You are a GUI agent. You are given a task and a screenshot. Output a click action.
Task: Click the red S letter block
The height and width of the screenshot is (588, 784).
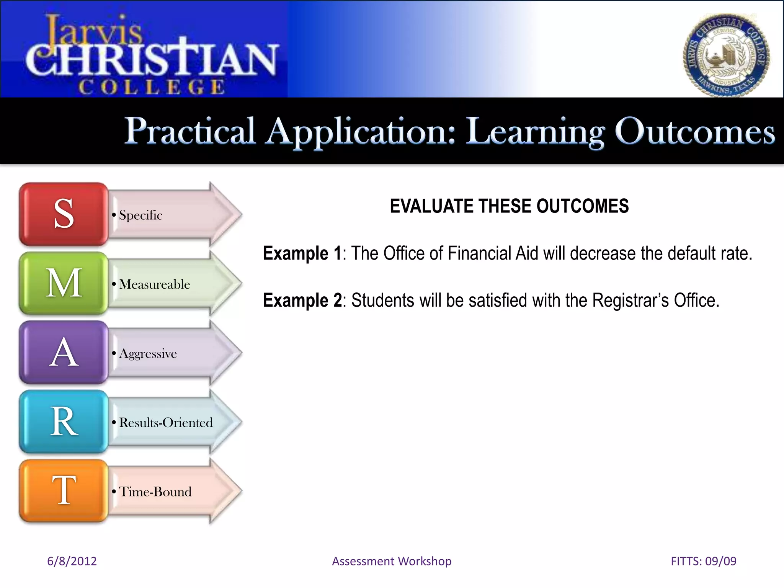point(64,214)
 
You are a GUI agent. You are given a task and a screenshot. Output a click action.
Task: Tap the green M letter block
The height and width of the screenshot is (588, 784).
point(64,283)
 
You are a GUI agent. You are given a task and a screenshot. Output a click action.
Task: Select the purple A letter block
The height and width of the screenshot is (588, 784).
point(64,353)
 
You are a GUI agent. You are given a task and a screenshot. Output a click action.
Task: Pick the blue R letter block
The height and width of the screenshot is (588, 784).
point(64,422)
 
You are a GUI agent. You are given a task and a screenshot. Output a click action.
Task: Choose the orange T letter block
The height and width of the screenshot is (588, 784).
point(64,491)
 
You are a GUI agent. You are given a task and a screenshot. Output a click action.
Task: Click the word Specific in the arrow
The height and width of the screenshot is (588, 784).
point(140,215)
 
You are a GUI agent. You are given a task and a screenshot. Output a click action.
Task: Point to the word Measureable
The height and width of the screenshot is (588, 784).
point(155,284)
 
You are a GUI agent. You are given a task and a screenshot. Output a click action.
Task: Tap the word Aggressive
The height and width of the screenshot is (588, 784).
point(148,354)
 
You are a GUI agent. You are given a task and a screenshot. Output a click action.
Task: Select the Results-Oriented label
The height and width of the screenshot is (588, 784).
point(166,423)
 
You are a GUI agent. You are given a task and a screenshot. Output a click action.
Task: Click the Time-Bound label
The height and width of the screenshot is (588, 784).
point(155,492)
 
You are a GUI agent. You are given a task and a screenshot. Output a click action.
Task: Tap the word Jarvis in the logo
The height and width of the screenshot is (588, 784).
point(94,31)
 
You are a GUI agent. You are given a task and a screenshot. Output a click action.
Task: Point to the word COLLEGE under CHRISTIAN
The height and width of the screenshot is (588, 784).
point(152,87)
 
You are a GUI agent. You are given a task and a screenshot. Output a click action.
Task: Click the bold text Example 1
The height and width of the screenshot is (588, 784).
point(302,253)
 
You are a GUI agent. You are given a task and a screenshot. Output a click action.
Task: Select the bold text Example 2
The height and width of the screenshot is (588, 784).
point(302,301)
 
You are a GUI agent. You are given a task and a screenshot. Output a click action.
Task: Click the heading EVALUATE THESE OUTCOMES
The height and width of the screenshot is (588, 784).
point(509,206)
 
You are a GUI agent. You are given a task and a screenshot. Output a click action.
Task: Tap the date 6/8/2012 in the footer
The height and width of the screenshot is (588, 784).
point(72,561)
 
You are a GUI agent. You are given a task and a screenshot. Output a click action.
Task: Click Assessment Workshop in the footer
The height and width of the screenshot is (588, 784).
point(392,561)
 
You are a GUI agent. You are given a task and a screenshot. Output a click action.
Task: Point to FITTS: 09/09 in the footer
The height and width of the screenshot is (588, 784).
point(703,561)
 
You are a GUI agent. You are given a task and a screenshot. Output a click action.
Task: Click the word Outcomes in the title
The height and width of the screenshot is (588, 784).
point(694,132)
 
